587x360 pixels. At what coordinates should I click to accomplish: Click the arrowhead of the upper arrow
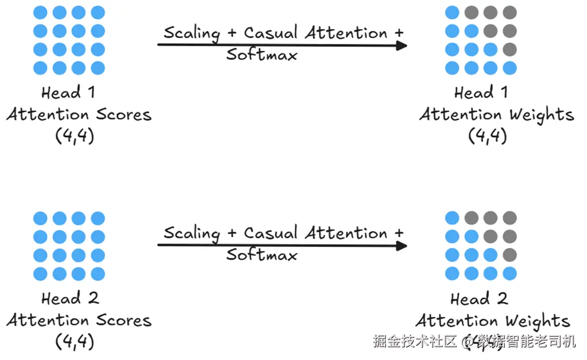click(x=402, y=45)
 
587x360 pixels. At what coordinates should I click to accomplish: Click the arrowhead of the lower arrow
click(x=402, y=246)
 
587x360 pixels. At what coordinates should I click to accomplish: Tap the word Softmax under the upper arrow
click(x=261, y=54)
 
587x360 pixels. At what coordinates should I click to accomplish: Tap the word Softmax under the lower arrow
click(x=261, y=255)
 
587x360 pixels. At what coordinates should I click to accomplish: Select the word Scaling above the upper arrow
click(x=192, y=33)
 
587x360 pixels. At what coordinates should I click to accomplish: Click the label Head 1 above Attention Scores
click(x=68, y=92)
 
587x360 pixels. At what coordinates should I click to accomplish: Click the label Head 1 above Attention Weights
click(x=481, y=92)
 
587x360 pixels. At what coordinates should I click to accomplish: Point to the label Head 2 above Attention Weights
click(x=479, y=299)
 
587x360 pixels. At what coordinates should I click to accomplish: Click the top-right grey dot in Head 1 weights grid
click(x=510, y=12)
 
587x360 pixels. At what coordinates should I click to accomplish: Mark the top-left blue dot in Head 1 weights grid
click(x=452, y=12)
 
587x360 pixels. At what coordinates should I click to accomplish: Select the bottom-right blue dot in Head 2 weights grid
click(x=510, y=274)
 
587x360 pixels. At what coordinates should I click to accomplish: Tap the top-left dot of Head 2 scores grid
click(x=40, y=218)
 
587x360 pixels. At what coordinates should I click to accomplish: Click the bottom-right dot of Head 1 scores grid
click(x=97, y=68)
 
